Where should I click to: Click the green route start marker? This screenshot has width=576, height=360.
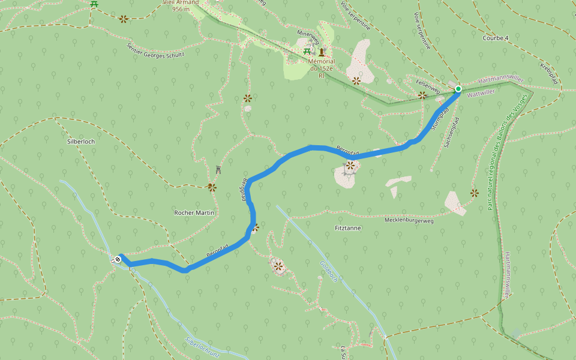(458, 89)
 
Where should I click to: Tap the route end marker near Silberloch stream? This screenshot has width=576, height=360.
(118, 259)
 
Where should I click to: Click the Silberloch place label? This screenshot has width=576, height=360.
(81, 142)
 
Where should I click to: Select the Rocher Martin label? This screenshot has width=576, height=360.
(194, 212)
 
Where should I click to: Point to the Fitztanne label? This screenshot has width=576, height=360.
(348, 228)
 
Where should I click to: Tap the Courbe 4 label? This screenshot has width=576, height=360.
(495, 38)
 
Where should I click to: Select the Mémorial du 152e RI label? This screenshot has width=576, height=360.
(321, 68)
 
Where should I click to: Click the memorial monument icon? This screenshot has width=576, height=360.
(322, 52)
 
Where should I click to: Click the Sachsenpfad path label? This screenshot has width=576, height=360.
(451, 133)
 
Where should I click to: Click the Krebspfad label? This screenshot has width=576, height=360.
(550, 73)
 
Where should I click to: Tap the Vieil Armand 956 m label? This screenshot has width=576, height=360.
(181, 6)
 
